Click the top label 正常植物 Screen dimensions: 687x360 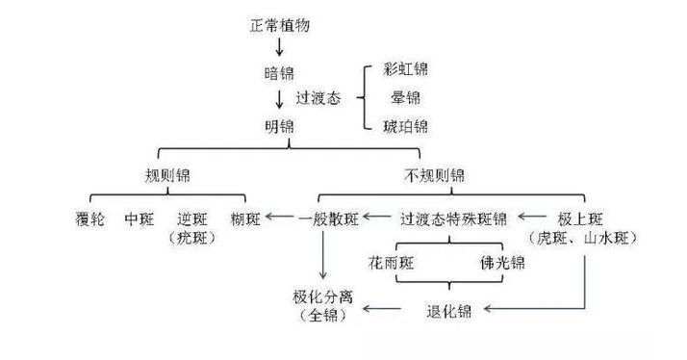(280, 25)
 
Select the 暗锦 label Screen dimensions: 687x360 (279, 73)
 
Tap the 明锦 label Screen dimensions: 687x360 (279, 127)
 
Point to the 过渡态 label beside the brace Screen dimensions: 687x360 (318, 97)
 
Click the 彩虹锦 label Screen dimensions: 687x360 (405, 69)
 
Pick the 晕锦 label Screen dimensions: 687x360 (405, 97)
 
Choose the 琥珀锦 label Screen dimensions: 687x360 (405, 126)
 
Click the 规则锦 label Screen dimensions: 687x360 (167, 175)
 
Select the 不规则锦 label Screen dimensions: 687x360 (434, 175)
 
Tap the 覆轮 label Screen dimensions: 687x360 (89, 219)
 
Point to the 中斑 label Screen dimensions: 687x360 (140, 219)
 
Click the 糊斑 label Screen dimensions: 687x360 (245, 219)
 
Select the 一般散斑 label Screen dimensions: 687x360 (328, 219)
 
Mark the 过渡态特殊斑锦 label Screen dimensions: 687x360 (453, 219)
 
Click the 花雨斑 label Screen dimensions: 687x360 (392, 263)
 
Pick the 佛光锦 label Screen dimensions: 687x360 (502, 263)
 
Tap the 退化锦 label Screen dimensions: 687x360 (448, 311)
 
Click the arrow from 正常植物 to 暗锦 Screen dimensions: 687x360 (279, 46)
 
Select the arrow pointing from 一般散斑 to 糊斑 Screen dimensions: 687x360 (280, 217)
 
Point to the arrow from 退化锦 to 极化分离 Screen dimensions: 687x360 (382, 309)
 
